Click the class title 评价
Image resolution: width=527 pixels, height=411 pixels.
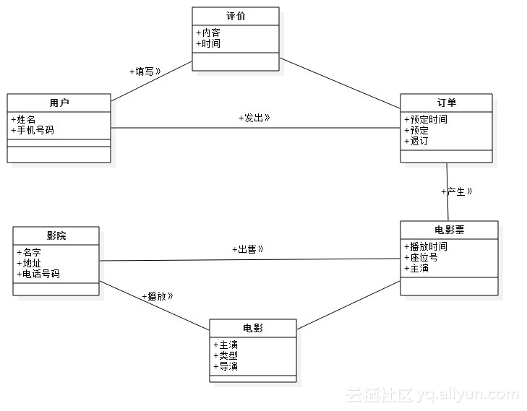235,16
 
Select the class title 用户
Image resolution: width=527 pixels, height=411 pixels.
59,103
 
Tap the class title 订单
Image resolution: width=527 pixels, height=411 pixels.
446,103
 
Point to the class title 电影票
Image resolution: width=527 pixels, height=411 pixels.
449,230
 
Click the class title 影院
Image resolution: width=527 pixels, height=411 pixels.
56,235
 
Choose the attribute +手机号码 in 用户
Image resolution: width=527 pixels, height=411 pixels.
33,131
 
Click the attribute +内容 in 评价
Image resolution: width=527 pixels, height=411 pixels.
208,33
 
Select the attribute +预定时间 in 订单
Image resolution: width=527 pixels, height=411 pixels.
426,120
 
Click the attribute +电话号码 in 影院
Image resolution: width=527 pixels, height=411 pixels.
38,274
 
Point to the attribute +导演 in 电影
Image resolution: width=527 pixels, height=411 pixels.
226,366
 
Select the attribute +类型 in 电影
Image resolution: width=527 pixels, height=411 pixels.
226,355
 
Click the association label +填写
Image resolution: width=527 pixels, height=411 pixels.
145,72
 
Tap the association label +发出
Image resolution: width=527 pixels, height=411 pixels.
254,118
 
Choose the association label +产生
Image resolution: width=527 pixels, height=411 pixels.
456,192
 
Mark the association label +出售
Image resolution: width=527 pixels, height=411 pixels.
247,249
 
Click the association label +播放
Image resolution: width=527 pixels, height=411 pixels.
157,296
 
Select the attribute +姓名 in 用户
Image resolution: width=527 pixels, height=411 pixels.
23,120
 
